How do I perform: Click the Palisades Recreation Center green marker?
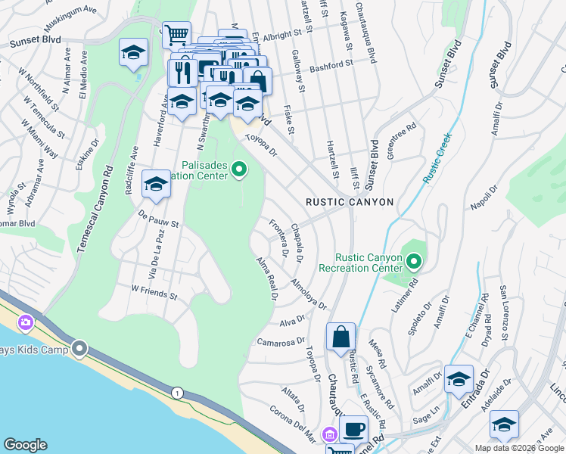(x=240, y=169)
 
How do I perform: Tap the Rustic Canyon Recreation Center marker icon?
(x=414, y=263)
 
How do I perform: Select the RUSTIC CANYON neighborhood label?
(x=350, y=202)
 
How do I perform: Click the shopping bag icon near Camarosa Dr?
(x=341, y=336)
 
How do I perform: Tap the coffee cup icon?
(x=353, y=429)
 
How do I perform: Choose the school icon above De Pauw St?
(x=156, y=184)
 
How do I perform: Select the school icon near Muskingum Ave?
(x=132, y=52)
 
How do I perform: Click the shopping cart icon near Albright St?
(x=176, y=34)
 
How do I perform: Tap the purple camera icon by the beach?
(x=26, y=323)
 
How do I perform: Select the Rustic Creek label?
(x=437, y=158)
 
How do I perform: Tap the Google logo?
(x=25, y=445)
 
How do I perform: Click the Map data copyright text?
(x=518, y=448)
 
